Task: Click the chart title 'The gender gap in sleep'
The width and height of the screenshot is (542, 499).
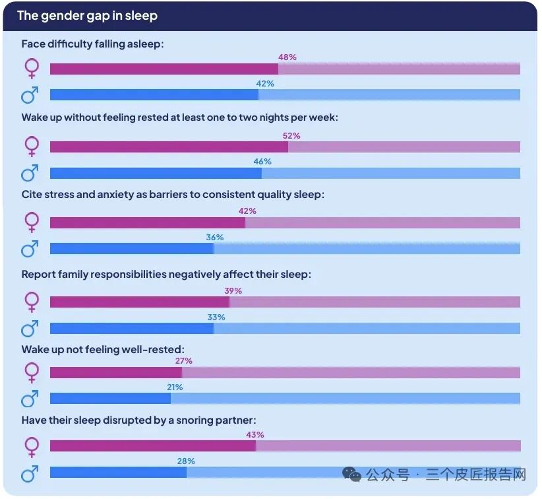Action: pyautogui.click(x=88, y=16)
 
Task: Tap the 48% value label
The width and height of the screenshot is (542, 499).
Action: pyautogui.click(x=287, y=57)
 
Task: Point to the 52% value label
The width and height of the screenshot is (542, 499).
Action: pyautogui.click(x=291, y=136)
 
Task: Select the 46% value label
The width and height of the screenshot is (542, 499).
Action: pyautogui.click(x=262, y=162)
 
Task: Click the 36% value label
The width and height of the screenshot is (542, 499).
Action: pyautogui.click(x=215, y=238)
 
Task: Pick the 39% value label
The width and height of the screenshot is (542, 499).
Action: pyautogui.click(x=233, y=290)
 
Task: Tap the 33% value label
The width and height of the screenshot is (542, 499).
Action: pyautogui.click(x=216, y=317)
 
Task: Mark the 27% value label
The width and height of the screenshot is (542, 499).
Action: pyautogui.click(x=183, y=361)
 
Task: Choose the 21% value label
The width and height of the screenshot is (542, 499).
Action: pyautogui.click(x=175, y=387)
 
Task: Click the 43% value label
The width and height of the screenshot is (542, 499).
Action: pyautogui.click(x=255, y=434)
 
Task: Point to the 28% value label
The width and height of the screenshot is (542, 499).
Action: pyautogui.click(x=186, y=461)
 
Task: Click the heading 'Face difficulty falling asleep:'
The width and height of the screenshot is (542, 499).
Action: pyautogui.click(x=92, y=44)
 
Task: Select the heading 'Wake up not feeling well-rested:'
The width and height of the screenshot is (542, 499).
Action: pyautogui.click(x=103, y=350)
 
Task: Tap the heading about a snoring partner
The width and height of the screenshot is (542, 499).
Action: pyautogui.click(x=139, y=420)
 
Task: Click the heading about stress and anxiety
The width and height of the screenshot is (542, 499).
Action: pyautogui.click(x=173, y=195)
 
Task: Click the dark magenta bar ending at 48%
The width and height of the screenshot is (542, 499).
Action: pyautogui.click(x=164, y=69)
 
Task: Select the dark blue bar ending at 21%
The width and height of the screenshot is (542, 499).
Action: pyautogui.click(x=110, y=398)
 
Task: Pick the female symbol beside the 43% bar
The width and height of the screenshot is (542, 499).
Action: pyautogui.click(x=32, y=447)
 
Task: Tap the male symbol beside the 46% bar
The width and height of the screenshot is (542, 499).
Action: pyautogui.click(x=30, y=173)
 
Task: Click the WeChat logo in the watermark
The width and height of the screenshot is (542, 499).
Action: pyautogui.click(x=351, y=474)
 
